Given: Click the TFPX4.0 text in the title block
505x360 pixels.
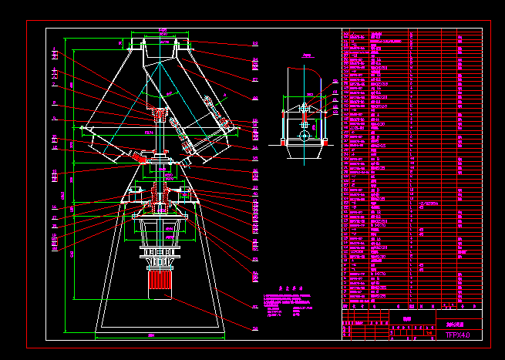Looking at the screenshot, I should click(457, 335).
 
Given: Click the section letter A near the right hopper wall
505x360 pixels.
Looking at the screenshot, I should click(224, 99).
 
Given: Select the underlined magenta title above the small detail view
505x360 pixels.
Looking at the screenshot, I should click(306, 56).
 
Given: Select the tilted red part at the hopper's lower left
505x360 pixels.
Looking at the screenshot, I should click(140, 157).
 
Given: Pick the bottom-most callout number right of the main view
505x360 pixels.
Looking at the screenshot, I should click(254, 326).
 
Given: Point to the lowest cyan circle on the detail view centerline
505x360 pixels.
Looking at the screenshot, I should click(305, 136).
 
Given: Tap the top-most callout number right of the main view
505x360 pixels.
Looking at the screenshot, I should click(254, 44).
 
